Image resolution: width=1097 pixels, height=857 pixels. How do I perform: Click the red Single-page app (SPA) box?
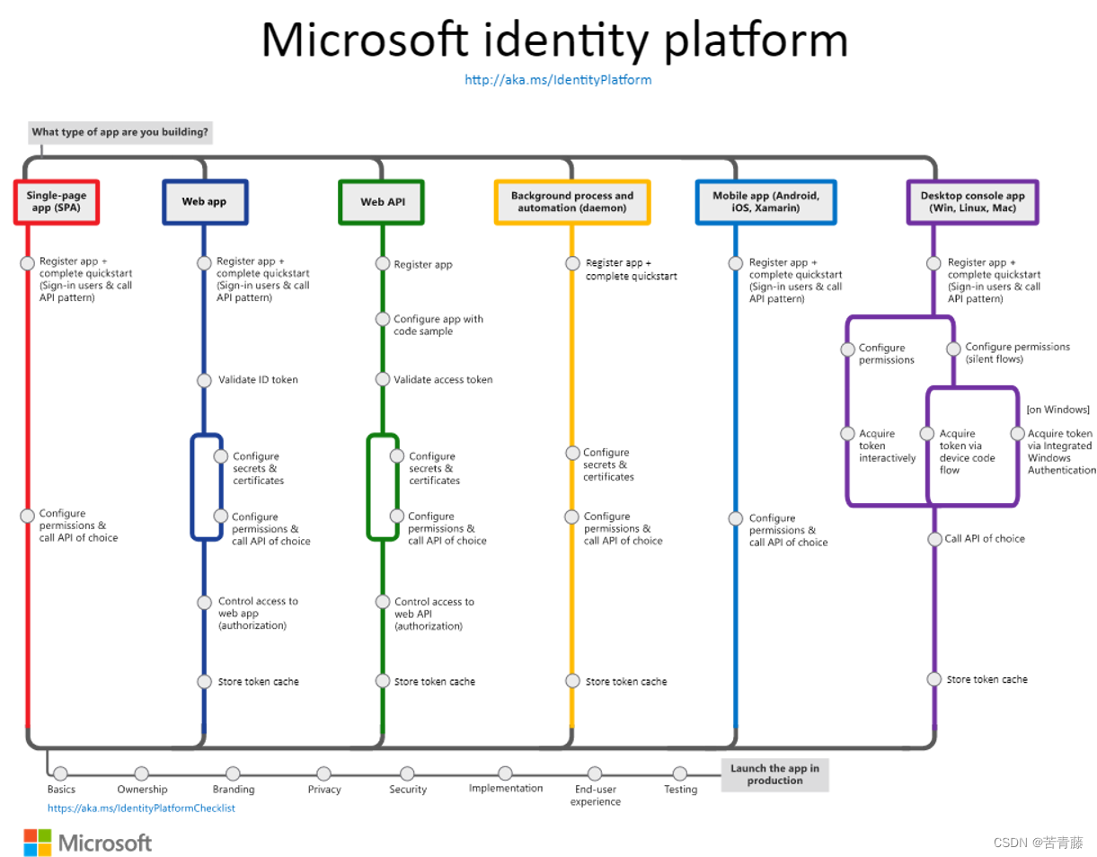(x=56, y=202)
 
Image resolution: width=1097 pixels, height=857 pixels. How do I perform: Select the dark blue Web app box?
(x=204, y=202)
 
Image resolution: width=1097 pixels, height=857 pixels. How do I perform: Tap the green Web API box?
(x=382, y=202)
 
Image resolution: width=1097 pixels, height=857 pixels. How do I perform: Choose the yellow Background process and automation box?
(x=572, y=202)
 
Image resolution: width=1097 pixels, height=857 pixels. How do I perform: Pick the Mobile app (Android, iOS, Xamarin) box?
(x=765, y=202)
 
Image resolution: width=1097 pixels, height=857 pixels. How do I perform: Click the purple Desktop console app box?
(x=972, y=202)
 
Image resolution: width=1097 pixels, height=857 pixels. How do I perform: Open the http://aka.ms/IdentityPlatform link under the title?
(x=558, y=80)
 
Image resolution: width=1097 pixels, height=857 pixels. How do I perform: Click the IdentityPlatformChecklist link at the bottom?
(x=141, y=808)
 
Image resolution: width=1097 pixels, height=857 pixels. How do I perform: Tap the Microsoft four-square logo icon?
(x=38, y=843)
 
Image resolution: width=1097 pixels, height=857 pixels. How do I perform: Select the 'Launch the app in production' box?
(x=774, y=774)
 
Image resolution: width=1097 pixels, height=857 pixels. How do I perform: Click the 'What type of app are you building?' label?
(x=120, y=132)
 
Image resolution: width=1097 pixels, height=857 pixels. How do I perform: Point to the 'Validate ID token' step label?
(x=258, y=380)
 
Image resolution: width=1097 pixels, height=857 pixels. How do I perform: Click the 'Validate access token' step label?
(x=443, y=380)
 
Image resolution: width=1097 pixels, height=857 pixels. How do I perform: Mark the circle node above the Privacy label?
(x=323, y=773)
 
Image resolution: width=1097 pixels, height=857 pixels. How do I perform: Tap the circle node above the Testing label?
(x=680, y=773)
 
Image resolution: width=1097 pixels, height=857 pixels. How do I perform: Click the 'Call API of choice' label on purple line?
(x=985, y=539)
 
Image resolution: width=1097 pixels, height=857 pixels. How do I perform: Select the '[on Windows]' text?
(x=1057, y=410)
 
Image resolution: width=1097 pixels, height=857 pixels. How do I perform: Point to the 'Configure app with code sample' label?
(x=438, y=325)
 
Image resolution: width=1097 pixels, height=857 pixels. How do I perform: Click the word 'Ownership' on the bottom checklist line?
(x=142, y=790)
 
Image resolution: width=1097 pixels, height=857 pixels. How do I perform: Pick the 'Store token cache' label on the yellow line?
(x=626, y=682)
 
